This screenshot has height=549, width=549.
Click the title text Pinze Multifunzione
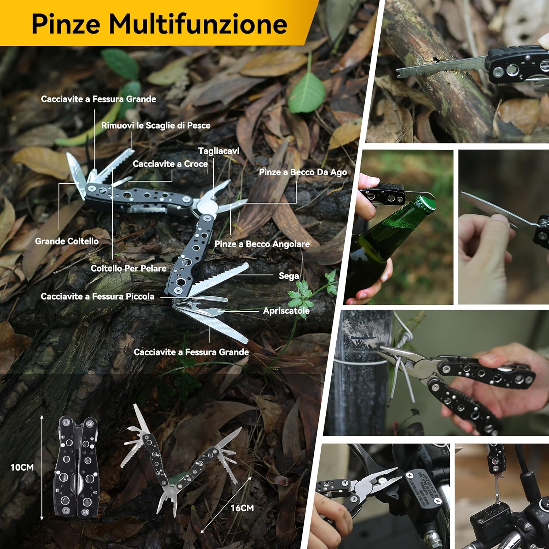click(x=159, y=23)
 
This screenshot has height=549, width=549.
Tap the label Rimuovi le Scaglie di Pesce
click(x=156, y=126)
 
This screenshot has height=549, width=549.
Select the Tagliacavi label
click(x=219, y=151)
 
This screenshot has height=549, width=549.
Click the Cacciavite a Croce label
click(x=170, y=164)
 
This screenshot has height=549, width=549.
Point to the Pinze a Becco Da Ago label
click(x=303, y=172)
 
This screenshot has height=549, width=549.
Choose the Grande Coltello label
click(x=67, y=241)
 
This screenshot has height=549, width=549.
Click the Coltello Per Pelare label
click(x=128, y=268)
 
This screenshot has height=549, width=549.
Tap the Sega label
click(x=289, y=276)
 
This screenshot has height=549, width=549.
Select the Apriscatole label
click(x=286, y=311)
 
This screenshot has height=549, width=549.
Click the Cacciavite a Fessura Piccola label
click(x=97, y=296)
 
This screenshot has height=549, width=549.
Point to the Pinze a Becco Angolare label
click(x=262, y=244)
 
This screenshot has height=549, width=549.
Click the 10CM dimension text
click(x=22, y=467)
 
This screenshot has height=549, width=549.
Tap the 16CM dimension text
click(x=242, y=508)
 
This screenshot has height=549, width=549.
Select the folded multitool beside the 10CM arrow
click(x=76, y=467)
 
